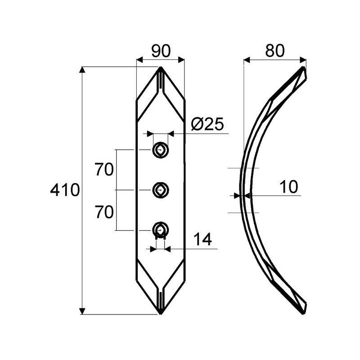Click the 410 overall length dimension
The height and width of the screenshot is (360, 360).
click(65, 190)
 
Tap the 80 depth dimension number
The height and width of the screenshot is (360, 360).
click(275, 50)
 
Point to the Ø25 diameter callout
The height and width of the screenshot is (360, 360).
click(207, 125)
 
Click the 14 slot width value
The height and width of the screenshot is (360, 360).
click(203, 239)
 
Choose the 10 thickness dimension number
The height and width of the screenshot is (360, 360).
click(289, 187)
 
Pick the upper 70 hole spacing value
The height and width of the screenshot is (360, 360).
click(104, 170)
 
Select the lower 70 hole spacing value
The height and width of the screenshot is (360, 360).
click(104, 212)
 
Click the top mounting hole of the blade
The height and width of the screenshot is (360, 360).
click(161, 150)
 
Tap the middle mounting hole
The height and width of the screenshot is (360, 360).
click(161, 190)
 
